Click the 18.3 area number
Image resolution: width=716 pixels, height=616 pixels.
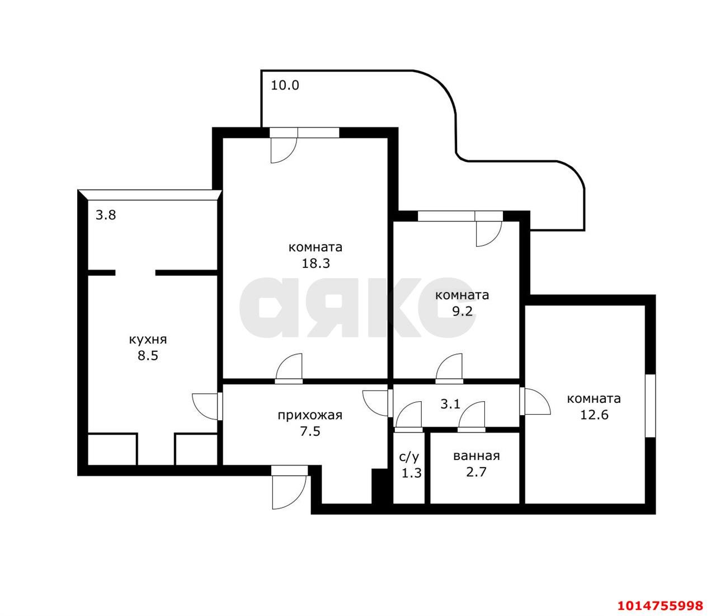(315, 264)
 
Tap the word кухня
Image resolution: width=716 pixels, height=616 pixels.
(148, 340)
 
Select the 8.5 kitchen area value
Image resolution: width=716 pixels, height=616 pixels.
(148, 356)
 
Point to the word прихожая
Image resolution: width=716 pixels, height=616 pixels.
(310, 415)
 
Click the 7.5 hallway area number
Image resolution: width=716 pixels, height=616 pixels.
(310, 432)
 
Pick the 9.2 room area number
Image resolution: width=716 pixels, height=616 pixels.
(463, 312)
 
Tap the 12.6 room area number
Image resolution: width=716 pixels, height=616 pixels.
(594, 415)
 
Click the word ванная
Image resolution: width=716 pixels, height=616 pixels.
(477, 456)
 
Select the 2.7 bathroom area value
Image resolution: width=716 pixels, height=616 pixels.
(477, 472)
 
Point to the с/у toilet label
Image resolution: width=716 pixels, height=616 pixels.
(409, 457)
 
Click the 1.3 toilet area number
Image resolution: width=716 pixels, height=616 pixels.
(412, 473)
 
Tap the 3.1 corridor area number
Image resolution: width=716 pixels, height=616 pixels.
(450, 404)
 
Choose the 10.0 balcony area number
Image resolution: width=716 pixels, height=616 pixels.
(285, 85)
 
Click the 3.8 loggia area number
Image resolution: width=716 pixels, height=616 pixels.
(106, 215)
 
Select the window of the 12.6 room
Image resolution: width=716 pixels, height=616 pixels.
(651, 406)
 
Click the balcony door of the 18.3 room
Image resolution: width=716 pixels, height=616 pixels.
(284, 145)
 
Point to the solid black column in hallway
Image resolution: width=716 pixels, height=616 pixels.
(380, 486)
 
